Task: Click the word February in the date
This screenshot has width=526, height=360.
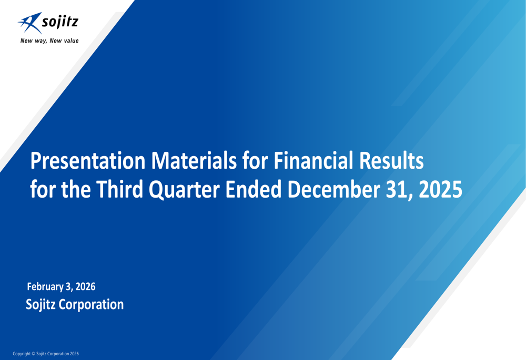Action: pos(45,287)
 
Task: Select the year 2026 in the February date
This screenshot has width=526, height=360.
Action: pos(85,287)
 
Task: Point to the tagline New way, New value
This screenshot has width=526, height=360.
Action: pos(49,40)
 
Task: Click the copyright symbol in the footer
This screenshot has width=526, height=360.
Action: pos(33,354)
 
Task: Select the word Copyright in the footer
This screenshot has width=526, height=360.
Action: pos(22,354)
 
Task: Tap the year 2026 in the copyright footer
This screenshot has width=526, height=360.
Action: pos(74,354)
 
